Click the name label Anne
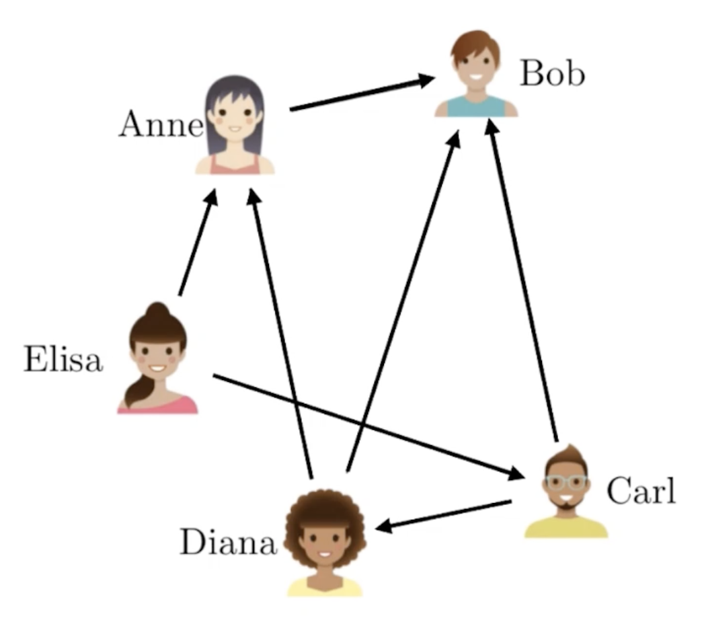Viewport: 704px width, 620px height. tap(160, 124)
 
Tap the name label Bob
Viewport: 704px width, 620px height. tap(551, 74)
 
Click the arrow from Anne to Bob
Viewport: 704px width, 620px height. tap(360, 94)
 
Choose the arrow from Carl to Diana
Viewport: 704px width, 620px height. tap(444, 514)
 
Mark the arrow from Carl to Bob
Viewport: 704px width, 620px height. tap(524, 282)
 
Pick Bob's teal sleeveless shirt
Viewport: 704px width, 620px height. tap(475, 106)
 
